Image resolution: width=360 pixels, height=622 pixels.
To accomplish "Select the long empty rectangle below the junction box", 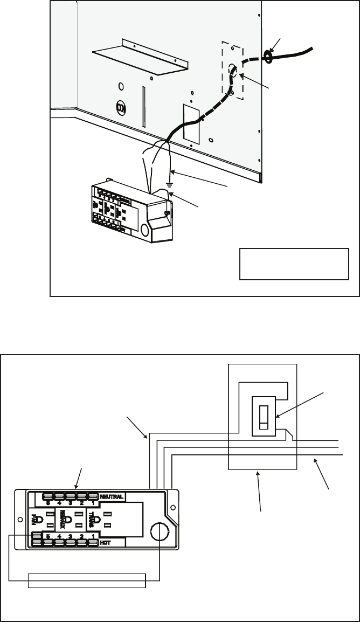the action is click(x=87, y=581).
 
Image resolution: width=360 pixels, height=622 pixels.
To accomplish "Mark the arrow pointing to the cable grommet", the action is click(x=276, y=44).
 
